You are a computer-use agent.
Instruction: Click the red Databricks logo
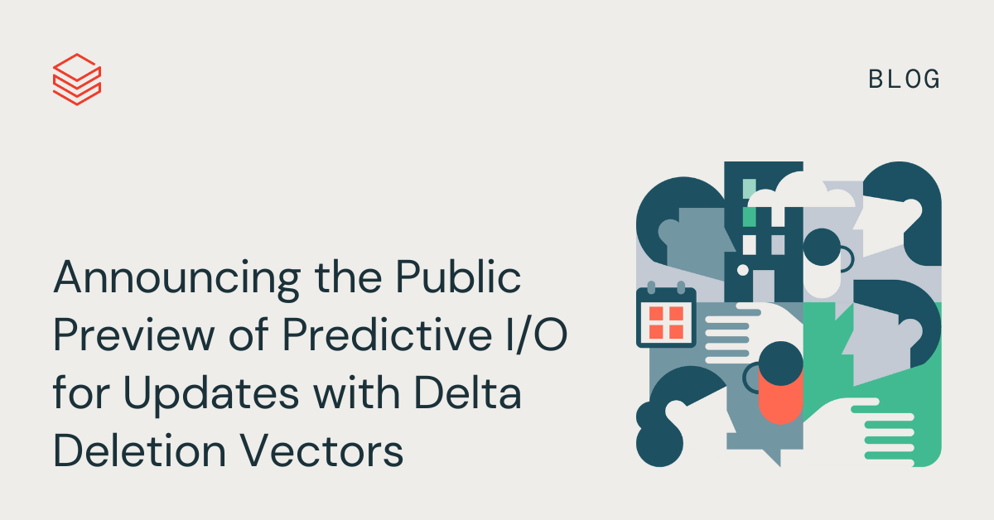(x=77, y=79)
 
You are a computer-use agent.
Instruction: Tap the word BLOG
(x=904, y=79)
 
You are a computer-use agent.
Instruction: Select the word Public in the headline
(x=458, y=277)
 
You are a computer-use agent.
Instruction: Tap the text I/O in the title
(x=537, y=335)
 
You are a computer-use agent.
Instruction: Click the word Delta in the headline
(x=467, y=392)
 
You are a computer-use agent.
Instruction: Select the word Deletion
(x=140, y=450)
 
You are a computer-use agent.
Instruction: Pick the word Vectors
(x=322, y=450)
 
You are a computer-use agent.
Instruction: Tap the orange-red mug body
(x=780, y=397)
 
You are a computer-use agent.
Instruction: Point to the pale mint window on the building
(x=750, y=189)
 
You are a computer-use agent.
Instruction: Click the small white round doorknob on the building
(x=743, y=270)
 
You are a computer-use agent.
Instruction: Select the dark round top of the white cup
(x=822, y=247)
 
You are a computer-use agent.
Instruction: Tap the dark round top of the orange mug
(x=780, y=364)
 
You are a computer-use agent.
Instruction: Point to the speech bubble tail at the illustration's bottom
(x=773, y=457)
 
